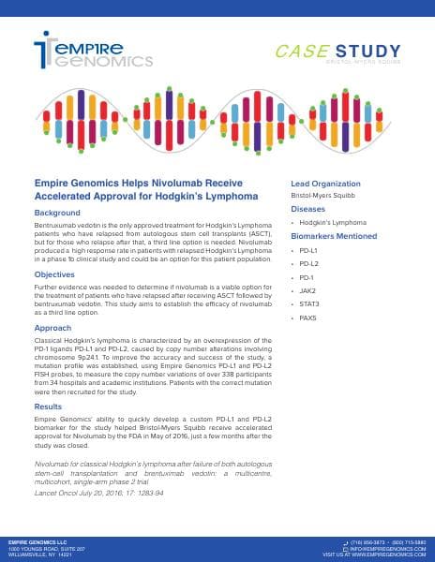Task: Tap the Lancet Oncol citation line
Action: [86, 492]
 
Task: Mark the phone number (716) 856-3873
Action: [367, 541]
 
